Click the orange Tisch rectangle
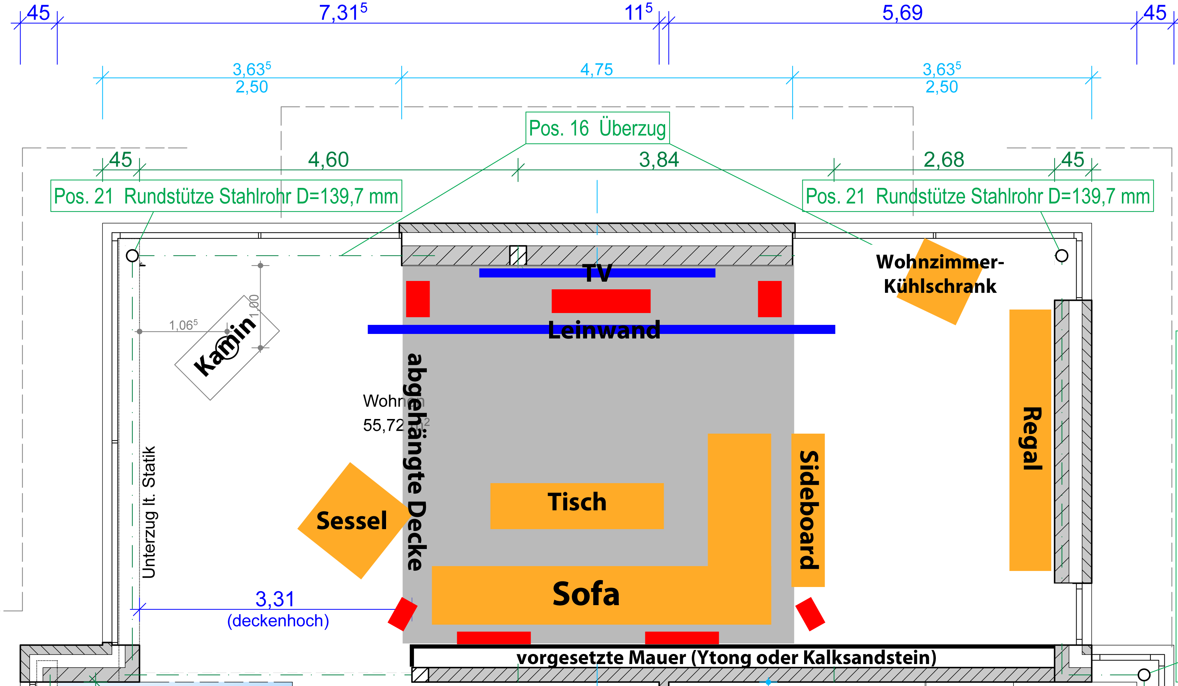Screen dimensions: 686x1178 tap(577, 506)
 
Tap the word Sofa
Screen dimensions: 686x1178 tap(586, 594)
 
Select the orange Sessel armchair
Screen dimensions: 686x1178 tap(352, 520)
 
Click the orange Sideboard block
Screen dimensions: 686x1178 tap(808, 510)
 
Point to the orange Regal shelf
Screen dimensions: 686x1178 tap(1030, 440)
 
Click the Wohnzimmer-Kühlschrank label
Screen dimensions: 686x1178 tap(940, 274)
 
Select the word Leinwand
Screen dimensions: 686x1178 tap(604, 330)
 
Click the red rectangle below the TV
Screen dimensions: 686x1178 tap(601, 301)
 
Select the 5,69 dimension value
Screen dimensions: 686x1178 tap(902, 13)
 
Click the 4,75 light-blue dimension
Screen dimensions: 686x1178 tap(596, 70)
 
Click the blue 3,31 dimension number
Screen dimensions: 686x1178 tap(275, 599)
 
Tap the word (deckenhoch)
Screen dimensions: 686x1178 tap(278, 620)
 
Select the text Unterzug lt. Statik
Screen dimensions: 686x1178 tap(149, 512)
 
